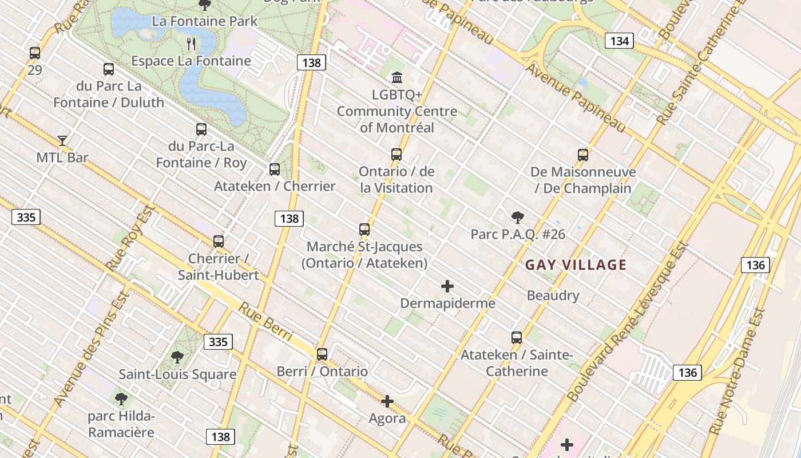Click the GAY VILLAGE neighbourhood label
576,265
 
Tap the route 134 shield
619,41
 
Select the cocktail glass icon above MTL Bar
62,140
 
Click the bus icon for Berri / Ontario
322,354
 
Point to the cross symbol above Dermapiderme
447,286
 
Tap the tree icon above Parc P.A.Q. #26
518,218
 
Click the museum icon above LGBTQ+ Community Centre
396,77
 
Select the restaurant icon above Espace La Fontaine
191,44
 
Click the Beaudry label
553,296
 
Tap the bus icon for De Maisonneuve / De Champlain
583,155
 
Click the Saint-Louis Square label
177,374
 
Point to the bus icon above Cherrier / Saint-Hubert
219,242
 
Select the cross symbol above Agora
387,401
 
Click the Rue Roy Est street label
131,238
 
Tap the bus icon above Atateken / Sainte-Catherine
517,338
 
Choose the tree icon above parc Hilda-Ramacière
121,399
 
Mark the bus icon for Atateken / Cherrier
275,169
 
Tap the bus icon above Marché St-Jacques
364,230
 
